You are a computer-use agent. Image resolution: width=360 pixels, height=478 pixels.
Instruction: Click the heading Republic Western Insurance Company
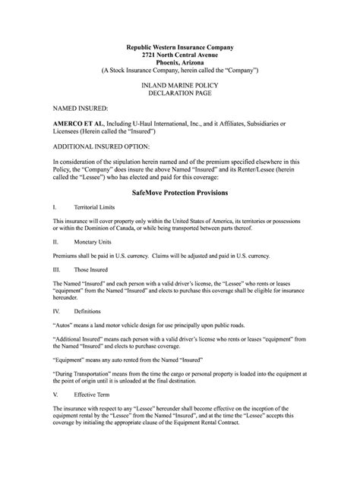point(180,48)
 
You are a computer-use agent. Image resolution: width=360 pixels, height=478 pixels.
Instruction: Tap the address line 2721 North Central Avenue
point(180,55)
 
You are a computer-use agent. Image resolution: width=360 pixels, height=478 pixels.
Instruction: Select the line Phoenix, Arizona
point(180,63)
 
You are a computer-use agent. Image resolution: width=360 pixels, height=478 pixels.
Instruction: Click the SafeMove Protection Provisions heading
point(180,193)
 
